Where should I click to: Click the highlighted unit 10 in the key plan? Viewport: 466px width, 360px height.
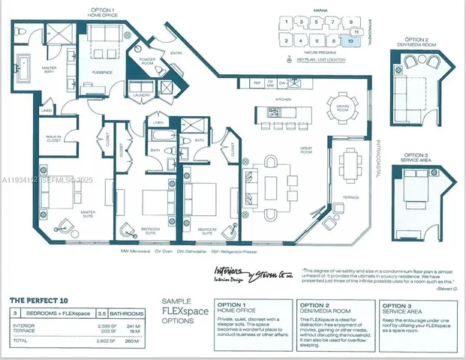click(351, 40)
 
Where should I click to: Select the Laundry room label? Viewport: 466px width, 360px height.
click(138, 95)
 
